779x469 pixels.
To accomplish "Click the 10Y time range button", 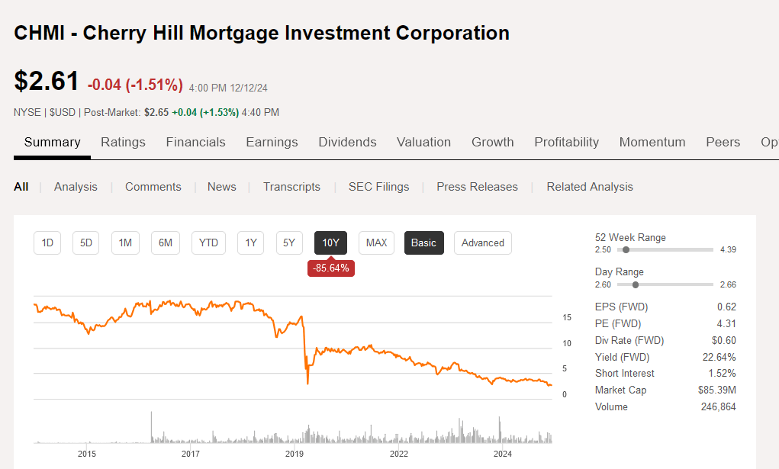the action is (330, 243).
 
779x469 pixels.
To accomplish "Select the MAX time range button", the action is (376, 243).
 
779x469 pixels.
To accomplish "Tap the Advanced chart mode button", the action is (482, 243).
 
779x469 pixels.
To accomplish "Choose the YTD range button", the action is (208, 243).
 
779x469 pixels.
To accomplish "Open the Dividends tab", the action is (347, 142).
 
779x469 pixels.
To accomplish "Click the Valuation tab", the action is (423, 142).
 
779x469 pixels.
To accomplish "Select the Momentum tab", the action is (652, 142).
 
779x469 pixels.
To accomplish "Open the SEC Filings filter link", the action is (378, 187).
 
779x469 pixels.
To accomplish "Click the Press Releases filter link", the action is (477, 187).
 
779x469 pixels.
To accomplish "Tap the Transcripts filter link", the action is (291, 187).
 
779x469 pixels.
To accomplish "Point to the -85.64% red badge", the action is (331, 268).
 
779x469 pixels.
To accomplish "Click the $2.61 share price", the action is (47, 81).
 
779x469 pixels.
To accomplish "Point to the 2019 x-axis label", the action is (295, 454).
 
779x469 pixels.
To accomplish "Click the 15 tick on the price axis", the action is (567, 317).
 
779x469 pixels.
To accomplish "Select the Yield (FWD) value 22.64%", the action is (719, 357).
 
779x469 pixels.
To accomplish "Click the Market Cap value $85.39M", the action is (717, 390).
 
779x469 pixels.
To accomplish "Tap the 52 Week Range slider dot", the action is (626, 249).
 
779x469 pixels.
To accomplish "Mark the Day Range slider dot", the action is (636, 284).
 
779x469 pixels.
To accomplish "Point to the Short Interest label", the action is (624, 373).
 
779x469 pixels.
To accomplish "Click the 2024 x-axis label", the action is (503, 454).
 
